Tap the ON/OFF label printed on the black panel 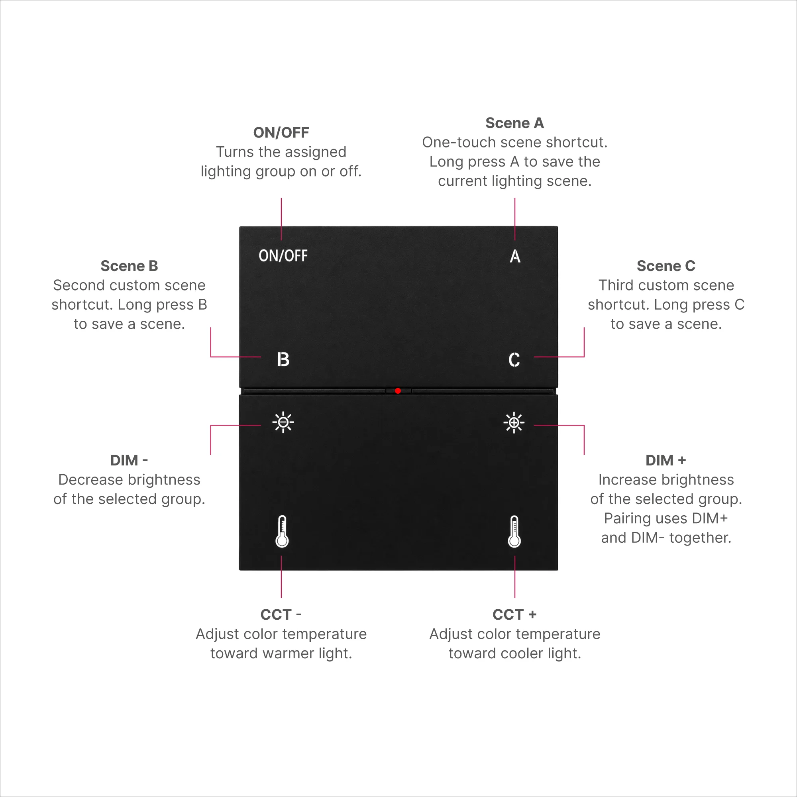[x=283, y=256]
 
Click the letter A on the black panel [x=515, y=256]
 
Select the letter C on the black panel [x=514, y=360]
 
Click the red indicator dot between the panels [x=398, y=391]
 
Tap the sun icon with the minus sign [x=283, y=422]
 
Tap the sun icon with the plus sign [x=514, y=422]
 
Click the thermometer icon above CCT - [x=282, y=531]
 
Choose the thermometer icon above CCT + [x=514, y=531]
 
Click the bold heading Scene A [x=514, y=123]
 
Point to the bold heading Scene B [x=129, y=266]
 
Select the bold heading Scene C [x=666, y=266]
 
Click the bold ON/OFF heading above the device [x=281, y=132]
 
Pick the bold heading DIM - [x=129, y=460]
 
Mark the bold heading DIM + [x=666, y=460]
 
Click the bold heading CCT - [x=281, y=614]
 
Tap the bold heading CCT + [x=514, y=614]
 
